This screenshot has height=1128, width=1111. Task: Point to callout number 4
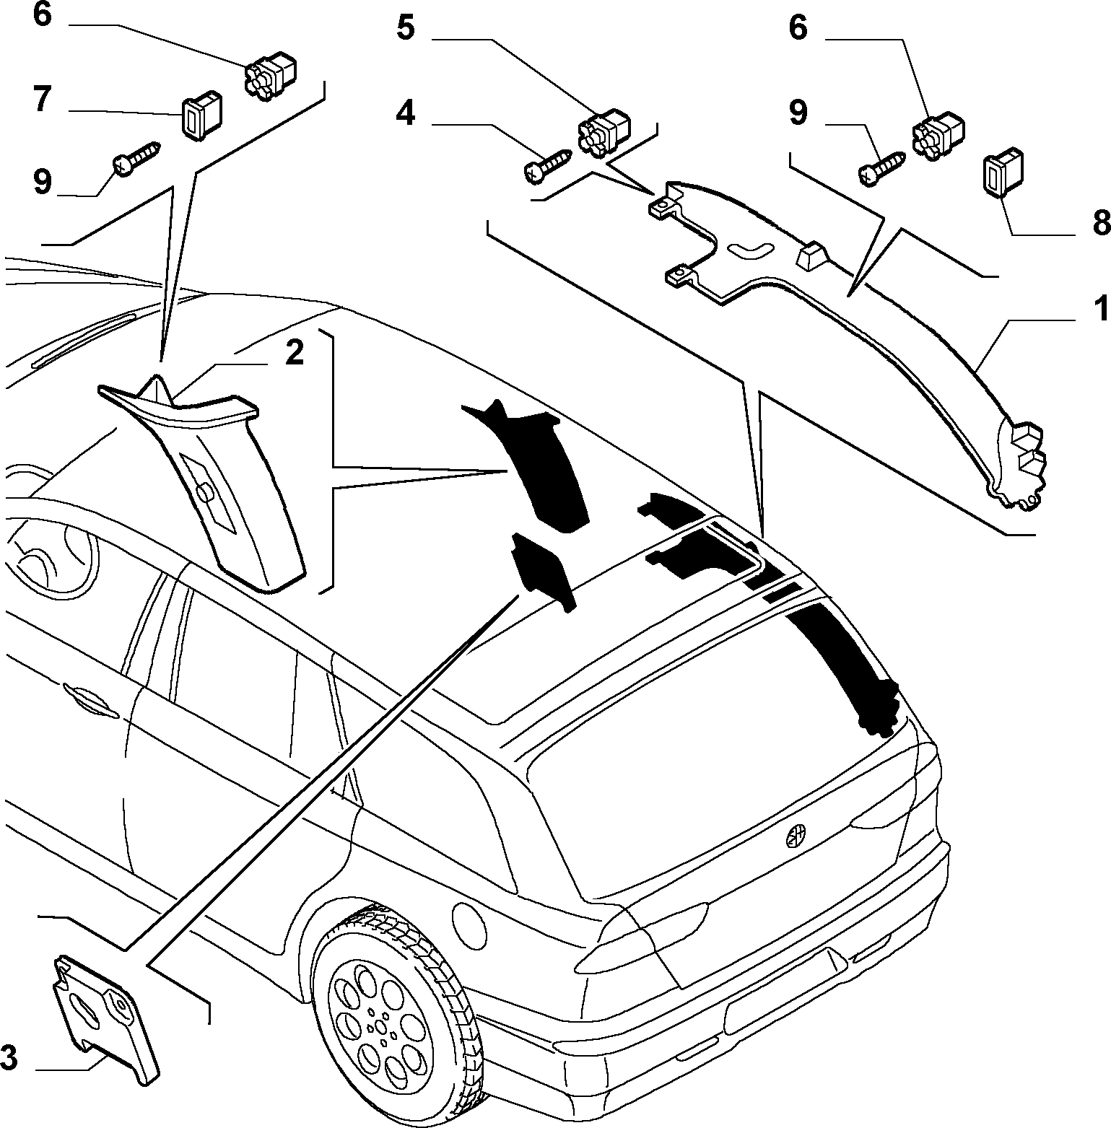click(x=406, y=113)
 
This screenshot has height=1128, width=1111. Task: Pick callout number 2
click(x=294, y=353)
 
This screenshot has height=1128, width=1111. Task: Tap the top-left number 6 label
click(x=42, y=16)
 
